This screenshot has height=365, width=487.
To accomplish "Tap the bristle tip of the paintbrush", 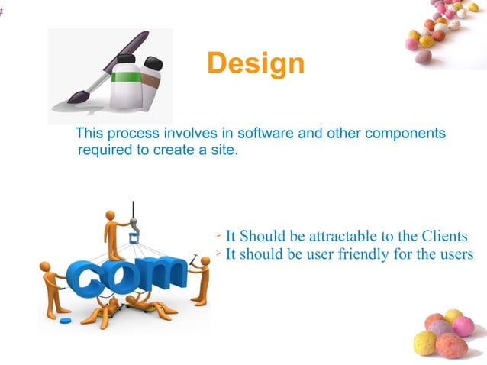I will [x=73, y=98].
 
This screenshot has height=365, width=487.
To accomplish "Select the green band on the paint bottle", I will [x=125, y=76].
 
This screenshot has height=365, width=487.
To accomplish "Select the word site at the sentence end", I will [x=222, y=150].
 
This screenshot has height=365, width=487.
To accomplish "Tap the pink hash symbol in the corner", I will [x=2, y=11].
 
